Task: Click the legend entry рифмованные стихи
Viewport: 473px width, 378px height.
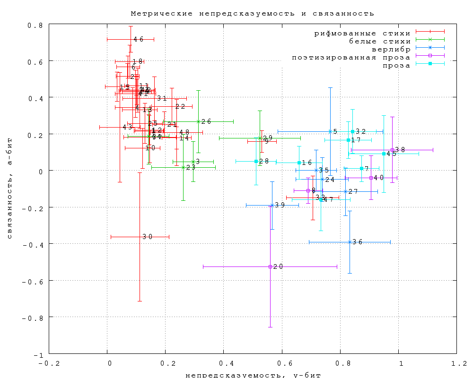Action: [363, 33]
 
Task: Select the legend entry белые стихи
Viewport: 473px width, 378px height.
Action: [380, 41]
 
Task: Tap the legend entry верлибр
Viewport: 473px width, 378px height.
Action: [391, 49]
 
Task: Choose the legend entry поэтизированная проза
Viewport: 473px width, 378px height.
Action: [351, 57]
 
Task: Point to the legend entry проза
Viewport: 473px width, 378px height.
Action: [396, 65]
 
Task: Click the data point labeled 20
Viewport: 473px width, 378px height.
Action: [270, 266]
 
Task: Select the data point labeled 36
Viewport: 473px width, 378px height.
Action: [350, 242]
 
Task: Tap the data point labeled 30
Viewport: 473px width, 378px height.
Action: [140, 237]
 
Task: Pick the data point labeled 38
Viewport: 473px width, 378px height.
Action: [392, 150]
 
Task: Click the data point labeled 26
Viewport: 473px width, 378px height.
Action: [198, 121]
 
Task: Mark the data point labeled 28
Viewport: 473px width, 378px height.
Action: [256, 161]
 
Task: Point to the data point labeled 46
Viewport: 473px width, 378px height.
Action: [131, 39]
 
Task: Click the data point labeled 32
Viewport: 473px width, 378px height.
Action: [352, 131]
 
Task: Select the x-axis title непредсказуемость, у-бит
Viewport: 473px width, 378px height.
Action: [253, 375]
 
